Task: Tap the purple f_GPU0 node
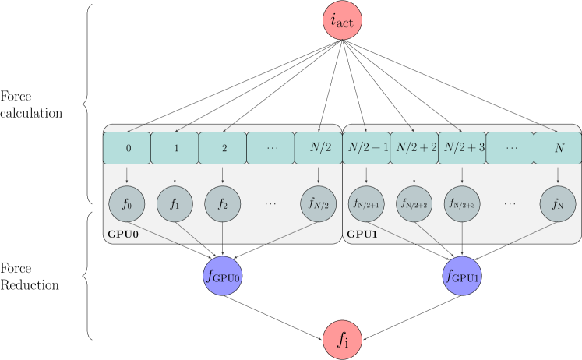pyautogui.click(x=223, y=275)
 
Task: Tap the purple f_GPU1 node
pyautogui.click(x=462, y=275)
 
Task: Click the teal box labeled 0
pyautogui.click(x=127, y=147)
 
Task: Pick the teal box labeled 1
pyautogui.click(x=175, y=147)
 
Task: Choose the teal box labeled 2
pyautogui.click(x=223, y=147)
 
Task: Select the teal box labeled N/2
pyautogui.click(x=318, y=147)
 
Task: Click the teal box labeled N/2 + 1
pyautogui.click(x=366, y=147)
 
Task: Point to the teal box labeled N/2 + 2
pyautogui.click(x=414, y=147)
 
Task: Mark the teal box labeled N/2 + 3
pyautogui.click(x=462, y=147)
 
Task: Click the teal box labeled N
pyautogui.click(x=557, y=147)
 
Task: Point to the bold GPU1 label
pyautogui.click(x=362, y=233)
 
